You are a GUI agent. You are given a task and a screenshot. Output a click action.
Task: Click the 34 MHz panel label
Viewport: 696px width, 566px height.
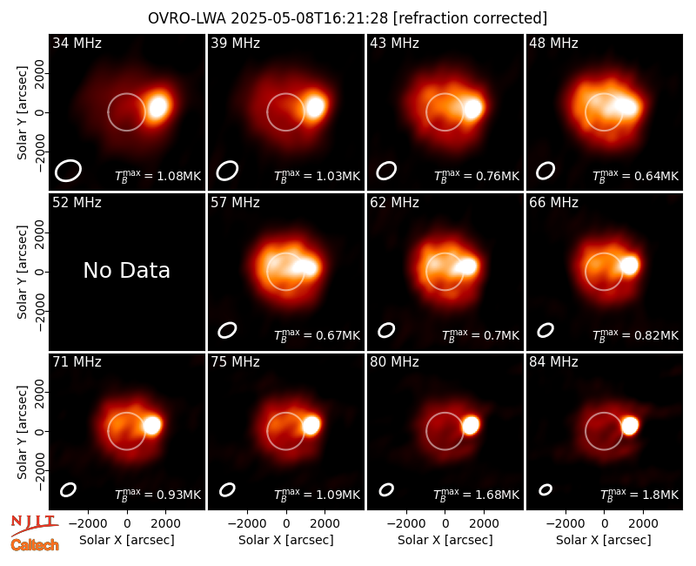(77, 43)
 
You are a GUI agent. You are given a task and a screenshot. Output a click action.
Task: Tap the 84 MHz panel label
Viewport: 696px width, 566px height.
(553, 362)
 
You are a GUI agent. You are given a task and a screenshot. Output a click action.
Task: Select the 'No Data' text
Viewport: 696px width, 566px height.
(126, 270)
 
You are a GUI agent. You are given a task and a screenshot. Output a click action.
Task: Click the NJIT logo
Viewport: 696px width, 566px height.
(34, 525)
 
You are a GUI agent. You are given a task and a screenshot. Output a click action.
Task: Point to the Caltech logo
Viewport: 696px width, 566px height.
(35, 545)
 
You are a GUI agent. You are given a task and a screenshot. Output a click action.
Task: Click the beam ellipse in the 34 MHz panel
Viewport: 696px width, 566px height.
(68, 171)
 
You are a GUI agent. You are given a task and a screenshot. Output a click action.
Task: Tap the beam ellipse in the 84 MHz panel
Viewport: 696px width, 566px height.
(545, 489)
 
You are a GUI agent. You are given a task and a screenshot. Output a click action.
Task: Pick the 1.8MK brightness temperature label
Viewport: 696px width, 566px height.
(639, 494)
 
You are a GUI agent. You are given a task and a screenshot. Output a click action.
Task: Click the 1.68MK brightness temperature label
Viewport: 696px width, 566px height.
(476, 494)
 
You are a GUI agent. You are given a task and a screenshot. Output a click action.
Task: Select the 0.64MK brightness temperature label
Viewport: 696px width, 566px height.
(636, 175)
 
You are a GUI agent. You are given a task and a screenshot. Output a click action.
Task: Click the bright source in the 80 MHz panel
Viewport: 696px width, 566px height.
(471, 425)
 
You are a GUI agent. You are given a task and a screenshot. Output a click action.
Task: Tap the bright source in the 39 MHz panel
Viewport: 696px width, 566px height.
(316, 106)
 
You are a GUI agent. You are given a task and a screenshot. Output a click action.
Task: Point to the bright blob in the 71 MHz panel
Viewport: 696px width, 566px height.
(152, 425)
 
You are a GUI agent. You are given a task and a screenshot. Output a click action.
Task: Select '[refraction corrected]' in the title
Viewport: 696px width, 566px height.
(470, 18)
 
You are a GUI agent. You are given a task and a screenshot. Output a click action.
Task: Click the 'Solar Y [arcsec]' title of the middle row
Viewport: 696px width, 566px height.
(22, 272)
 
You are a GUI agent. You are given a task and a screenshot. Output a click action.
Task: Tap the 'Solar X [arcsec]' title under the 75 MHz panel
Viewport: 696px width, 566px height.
(286, 540)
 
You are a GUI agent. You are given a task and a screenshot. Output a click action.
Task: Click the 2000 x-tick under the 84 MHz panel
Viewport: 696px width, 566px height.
(643, 524)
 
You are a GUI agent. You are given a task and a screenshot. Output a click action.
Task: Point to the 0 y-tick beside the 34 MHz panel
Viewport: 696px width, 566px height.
(39, 112)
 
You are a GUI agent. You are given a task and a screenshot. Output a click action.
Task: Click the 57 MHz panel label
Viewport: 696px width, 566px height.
(235, 203)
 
